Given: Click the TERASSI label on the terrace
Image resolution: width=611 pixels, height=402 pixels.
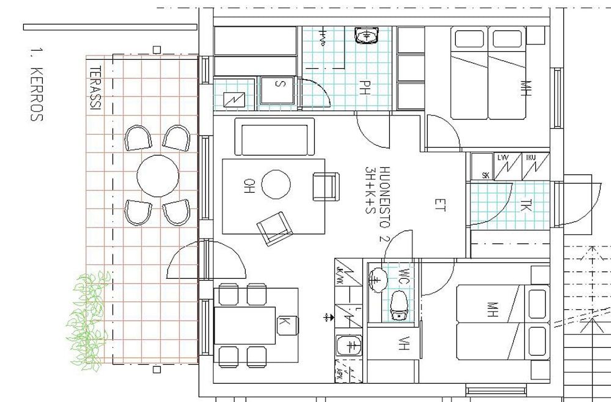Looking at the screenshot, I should (x=95, y=88).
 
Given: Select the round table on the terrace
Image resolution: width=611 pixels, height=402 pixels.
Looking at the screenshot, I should (x=158, y=176).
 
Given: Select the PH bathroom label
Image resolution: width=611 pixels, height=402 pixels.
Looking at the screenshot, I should (x=365, y=88).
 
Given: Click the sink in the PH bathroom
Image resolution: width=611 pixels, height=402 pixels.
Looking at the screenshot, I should (x=366, y=36).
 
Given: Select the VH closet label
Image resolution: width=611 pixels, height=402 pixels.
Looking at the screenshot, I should (x=404, y=345).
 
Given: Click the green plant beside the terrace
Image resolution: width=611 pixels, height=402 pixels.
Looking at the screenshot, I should (x=88, y=320).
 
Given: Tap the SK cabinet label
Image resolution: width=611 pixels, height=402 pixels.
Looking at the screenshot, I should (x=486, y=176).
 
